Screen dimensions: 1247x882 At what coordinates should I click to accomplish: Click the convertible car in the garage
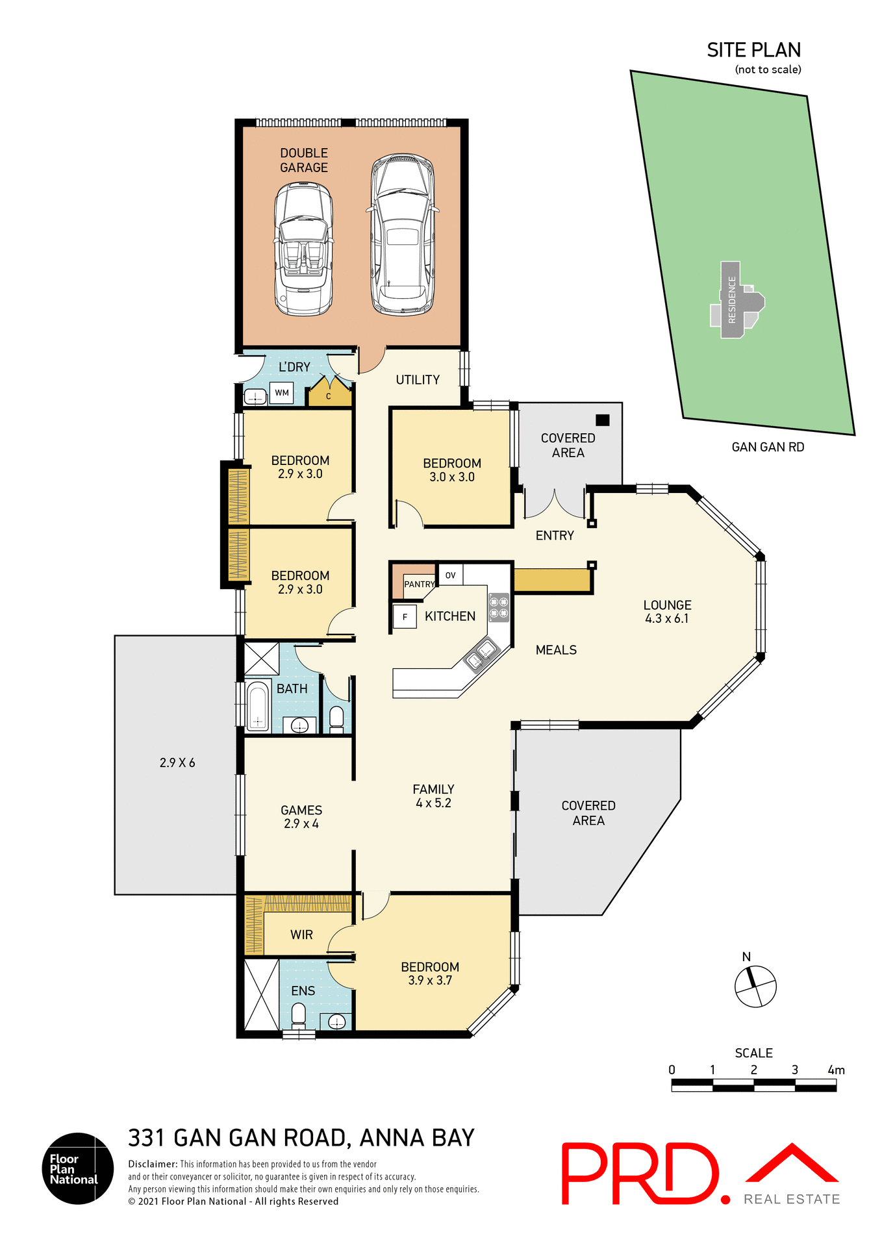click(x=303, y=249)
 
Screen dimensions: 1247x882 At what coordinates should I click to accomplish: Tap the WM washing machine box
click(x=281, y=393)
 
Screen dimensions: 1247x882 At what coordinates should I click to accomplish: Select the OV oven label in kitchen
click(x=450, y=575)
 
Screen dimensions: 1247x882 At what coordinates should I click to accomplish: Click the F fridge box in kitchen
click(x=405, y=617)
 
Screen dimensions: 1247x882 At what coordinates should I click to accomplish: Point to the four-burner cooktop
click(x=499, y=607)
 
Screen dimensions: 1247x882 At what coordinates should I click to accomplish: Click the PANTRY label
click(x=419, y=584)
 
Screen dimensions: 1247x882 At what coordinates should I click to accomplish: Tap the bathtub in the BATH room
click(x=258, y=706)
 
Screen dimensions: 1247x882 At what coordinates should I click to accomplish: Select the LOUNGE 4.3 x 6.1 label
click(x=667, y=611)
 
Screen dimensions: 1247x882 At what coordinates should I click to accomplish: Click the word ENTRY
click(x=555, y=536)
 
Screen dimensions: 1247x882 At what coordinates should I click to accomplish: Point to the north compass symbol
click(x=755, y=986)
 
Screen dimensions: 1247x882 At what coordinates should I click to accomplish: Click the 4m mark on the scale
click(x=836, y=1070)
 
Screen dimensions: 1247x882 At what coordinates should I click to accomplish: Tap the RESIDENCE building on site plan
click(x=732, y=300)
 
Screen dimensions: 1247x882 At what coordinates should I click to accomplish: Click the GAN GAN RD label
click(x=768, y=447)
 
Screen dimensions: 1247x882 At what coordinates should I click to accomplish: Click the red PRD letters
click(x=640, y=1173)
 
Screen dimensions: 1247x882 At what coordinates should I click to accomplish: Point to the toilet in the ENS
click(x=298, y=1014)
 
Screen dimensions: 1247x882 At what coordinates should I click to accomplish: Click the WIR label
click(x=301, y=935)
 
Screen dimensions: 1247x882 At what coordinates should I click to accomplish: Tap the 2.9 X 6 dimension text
click(x=177, y=763)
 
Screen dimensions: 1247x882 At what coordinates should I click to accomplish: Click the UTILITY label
click(x=418, y=380)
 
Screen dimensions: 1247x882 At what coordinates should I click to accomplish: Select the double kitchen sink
click(x=481, y=654)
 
